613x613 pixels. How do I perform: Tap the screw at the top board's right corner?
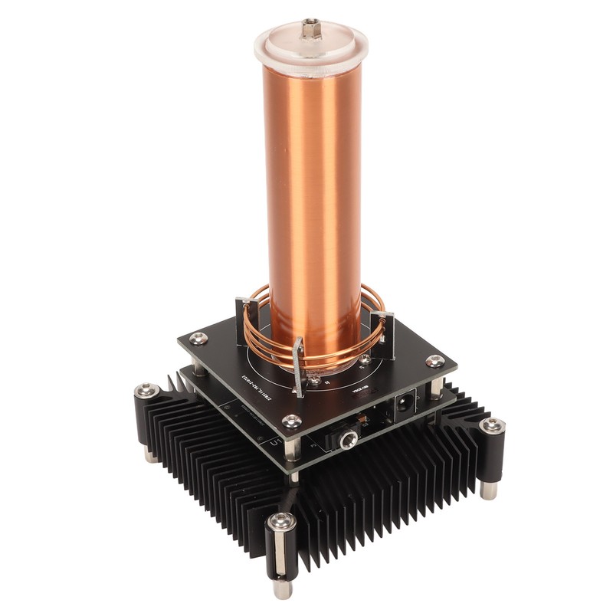click(x=434, y=360)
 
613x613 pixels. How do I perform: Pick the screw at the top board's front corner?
click(x=291, y=421)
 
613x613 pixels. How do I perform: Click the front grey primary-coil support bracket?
click(x=301, y=368)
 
